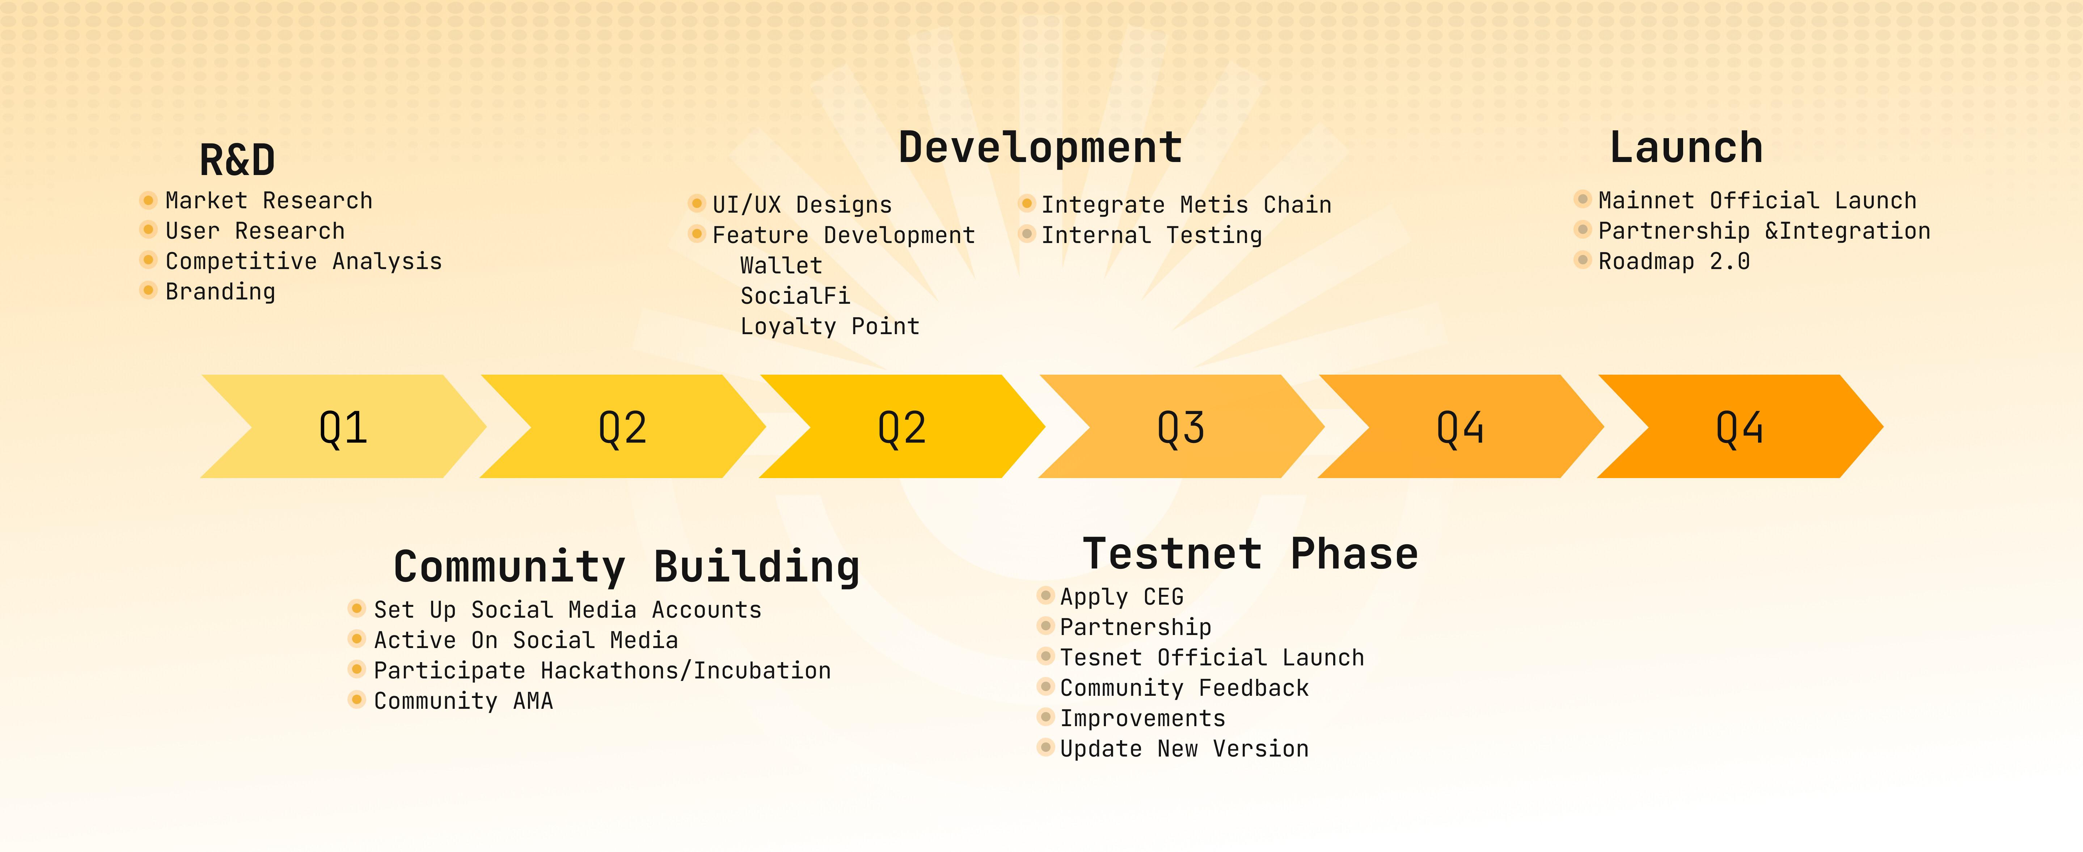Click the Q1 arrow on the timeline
click(344, 426)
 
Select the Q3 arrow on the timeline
click(1182, 426)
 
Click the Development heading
click(1041, 148)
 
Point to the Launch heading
click(1686, 148)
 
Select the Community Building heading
click(627, 567)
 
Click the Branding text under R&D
click(220, 292)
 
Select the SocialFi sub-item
click(795, 296)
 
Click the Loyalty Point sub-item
click(830, 327)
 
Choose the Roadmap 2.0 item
click(1674, 261)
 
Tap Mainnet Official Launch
click(1757, 200)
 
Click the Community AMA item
click(463, 701)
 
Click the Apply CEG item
click(1121, 597)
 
